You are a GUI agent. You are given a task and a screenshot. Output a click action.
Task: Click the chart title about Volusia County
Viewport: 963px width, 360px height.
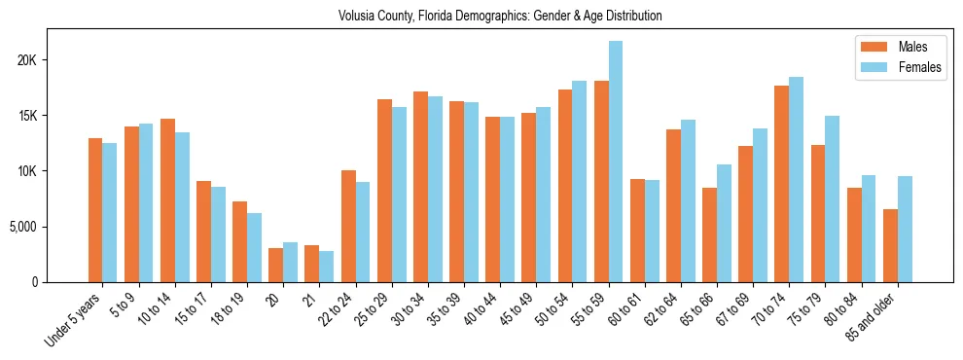[500, 17]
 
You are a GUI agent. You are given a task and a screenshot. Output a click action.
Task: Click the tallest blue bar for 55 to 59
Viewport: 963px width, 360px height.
[616, 162]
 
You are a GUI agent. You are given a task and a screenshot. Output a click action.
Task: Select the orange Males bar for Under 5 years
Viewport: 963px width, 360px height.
[95, 210]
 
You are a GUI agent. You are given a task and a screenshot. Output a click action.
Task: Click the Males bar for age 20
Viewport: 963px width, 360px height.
[276, 265]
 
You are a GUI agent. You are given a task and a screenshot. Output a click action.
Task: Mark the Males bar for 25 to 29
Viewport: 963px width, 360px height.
[384, 191]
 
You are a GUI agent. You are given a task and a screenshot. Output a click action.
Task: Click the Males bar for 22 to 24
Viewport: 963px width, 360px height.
[348, 226]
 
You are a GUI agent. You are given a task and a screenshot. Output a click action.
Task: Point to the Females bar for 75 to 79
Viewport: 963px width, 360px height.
[833, 199]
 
